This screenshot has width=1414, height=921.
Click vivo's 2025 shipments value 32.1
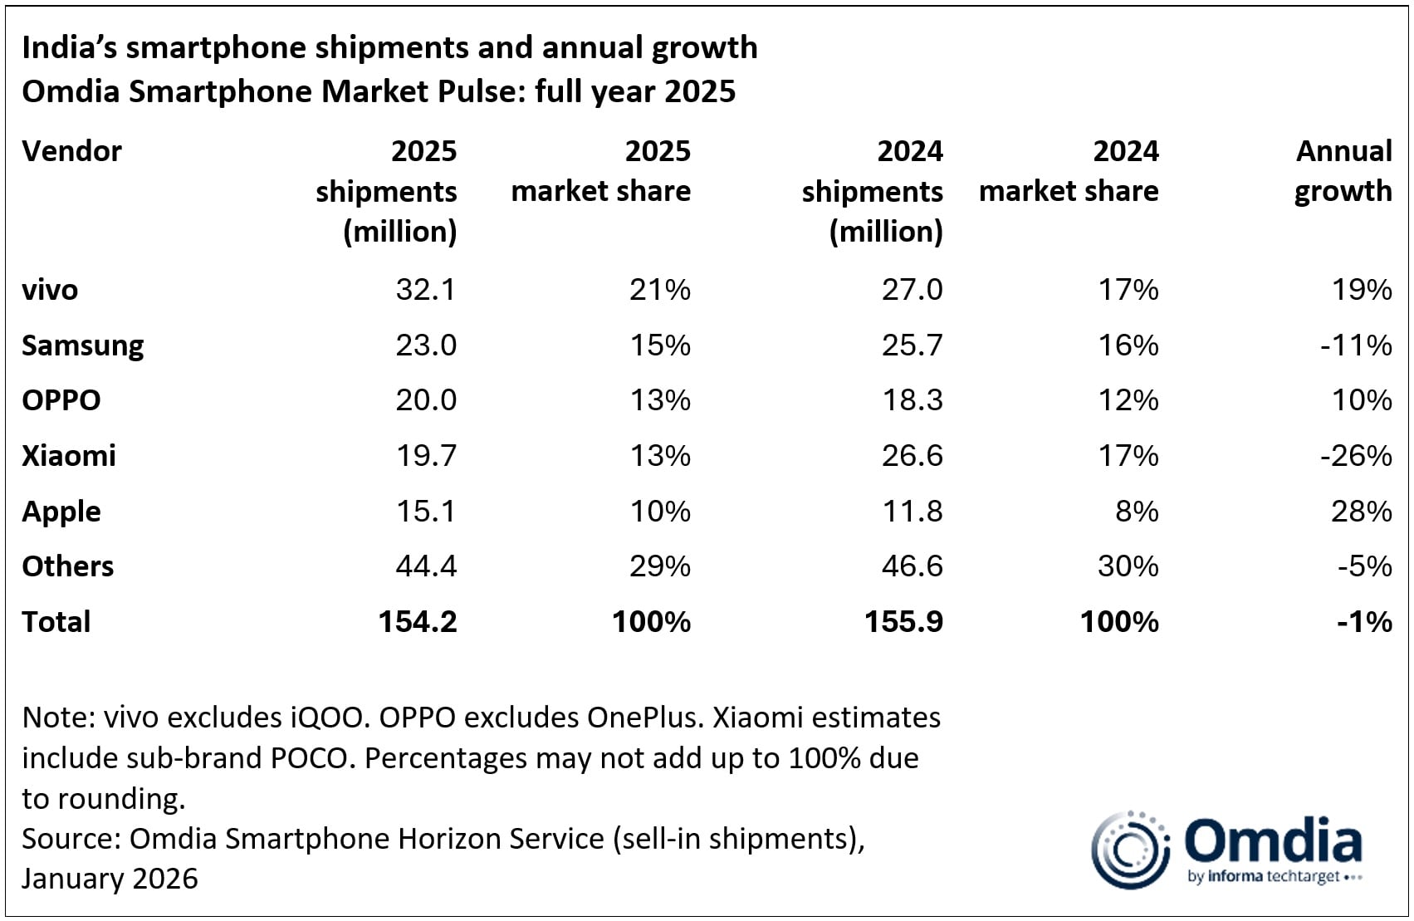[x=425, y=290]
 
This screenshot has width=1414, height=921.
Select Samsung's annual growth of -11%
[x=1355, y=345]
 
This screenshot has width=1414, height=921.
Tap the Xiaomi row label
[x=69, y=456]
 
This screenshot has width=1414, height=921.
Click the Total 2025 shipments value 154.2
[x=418, y=622]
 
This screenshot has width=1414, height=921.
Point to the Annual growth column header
[x=1343, y=171]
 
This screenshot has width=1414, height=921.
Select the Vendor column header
[x=71, y=151]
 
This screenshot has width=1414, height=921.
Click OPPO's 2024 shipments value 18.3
[x=912, y=400]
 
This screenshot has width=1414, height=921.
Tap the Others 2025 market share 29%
[x=659, y=566]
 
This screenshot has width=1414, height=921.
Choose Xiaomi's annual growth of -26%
[x=1355, y=456]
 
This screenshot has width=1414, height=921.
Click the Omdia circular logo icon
[x=1129, y=850]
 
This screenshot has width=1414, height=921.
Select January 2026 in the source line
[x=110, y=879]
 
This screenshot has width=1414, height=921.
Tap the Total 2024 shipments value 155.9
[x=903, y=622]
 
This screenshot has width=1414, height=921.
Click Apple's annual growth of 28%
[x=1361, y=512]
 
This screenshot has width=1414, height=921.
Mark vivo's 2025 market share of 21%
[x=659, y=290]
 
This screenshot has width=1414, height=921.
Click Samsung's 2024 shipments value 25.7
[x=912, y=345]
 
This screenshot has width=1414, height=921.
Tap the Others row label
[x=67, y=566]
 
